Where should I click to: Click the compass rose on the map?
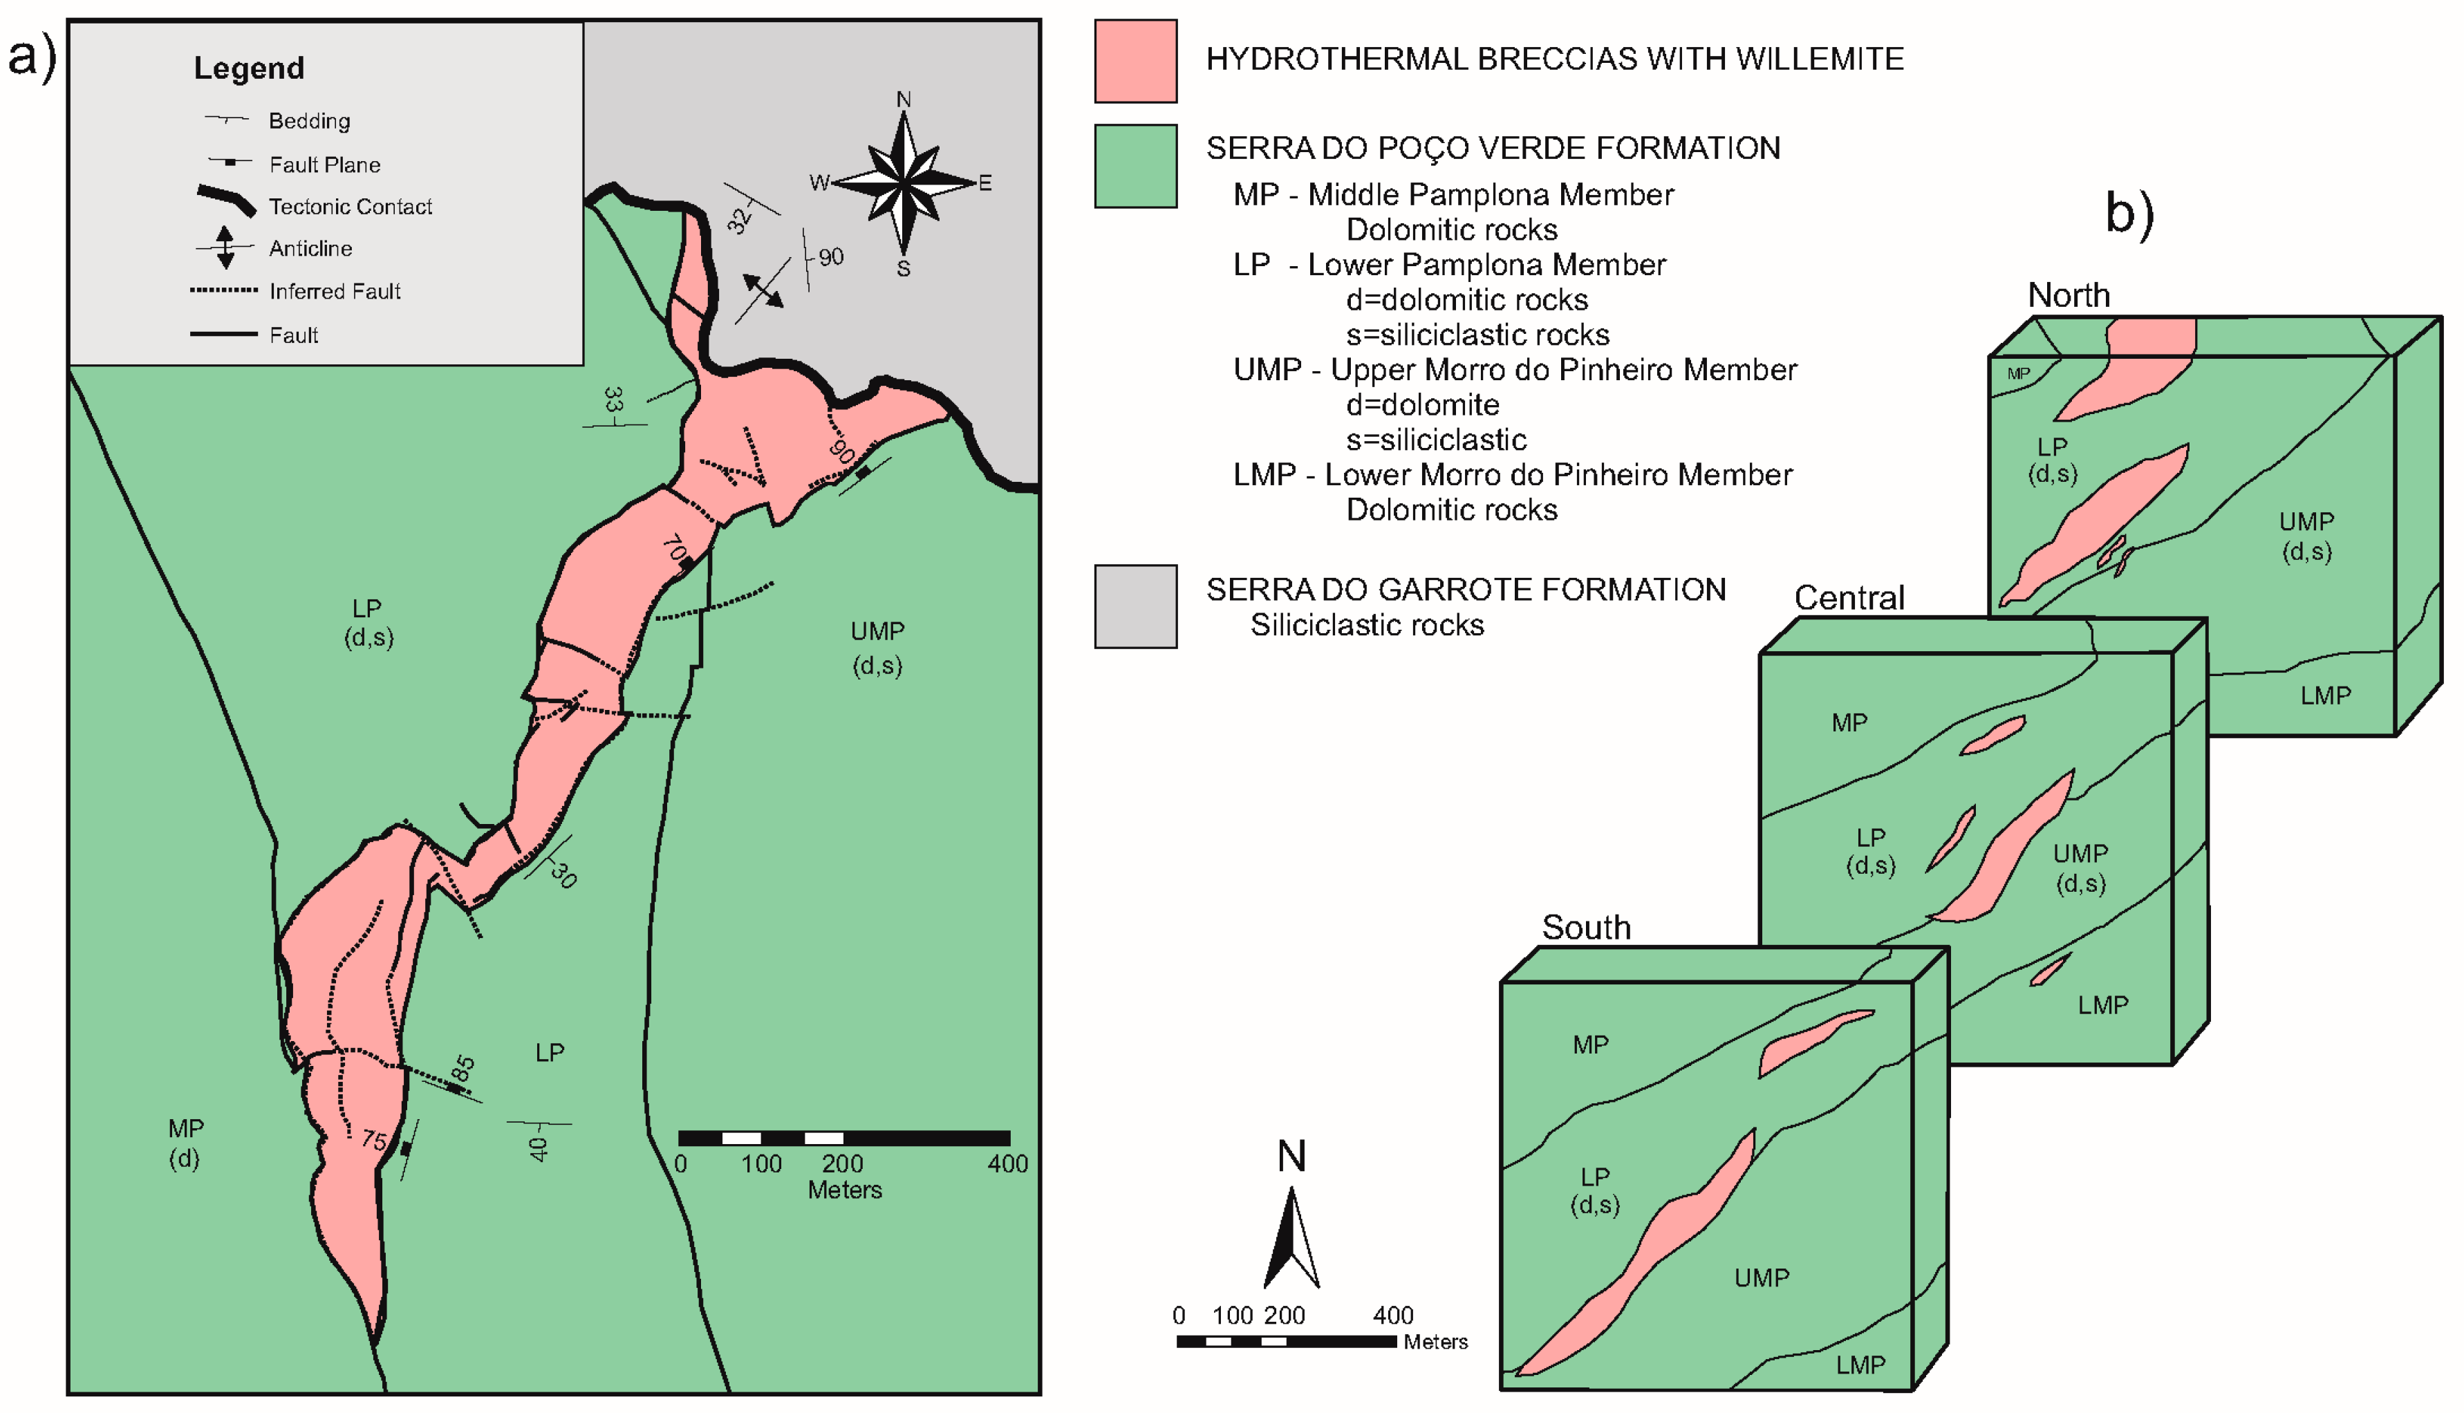[904, 183]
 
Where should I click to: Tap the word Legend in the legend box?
[250, 68]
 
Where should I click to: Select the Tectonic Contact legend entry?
[349, 207]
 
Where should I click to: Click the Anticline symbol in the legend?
[225, 247]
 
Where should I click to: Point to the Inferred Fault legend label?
[334, 291]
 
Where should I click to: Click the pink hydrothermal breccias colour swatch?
[1135, 61]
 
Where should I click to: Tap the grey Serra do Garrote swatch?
[1135, 606]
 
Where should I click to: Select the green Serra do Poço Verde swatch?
[1135, 166]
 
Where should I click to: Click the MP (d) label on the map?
[185, 1142]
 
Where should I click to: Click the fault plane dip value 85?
[464, 1069]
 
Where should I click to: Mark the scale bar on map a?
[843, 1139]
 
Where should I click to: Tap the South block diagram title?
[1586, 928]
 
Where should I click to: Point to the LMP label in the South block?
[1859, 1365]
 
